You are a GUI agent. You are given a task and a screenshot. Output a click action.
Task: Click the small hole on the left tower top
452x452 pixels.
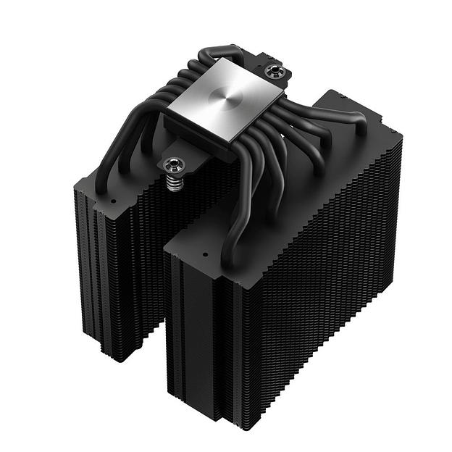point(114,200)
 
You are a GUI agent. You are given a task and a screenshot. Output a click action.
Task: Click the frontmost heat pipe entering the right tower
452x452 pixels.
point(239,217)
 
